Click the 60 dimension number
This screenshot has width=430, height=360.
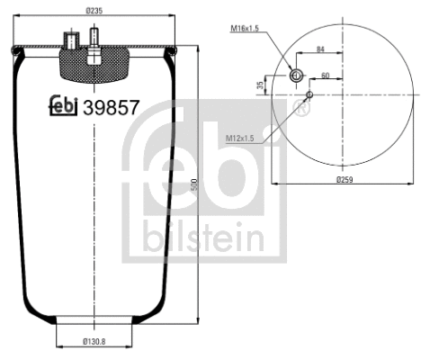[325, 76]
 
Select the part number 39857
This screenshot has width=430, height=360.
[111, 107]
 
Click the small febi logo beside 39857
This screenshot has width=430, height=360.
[62, 106]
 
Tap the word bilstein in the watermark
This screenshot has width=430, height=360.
[202, 238]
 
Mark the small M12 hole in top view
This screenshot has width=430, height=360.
[309, 93]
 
